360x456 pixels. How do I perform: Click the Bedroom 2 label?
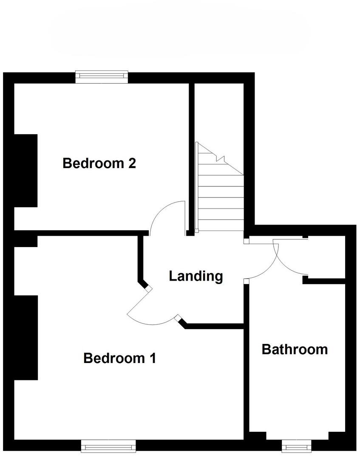tap(99, 163)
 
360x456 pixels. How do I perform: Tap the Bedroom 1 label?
tap(119, 358)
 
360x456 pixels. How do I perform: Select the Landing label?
tap(196, 276)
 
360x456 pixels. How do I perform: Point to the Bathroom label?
tap(295, 349)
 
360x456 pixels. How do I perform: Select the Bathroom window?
tap(296, 446)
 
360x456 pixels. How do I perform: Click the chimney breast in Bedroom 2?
tap(26, 171)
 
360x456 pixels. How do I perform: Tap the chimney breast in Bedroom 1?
tap(26, 338)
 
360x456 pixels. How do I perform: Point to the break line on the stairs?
tap(221, 159)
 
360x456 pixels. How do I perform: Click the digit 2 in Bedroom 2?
tap(131, 163)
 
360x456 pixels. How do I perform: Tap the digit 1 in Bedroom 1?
tap(152, 358)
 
